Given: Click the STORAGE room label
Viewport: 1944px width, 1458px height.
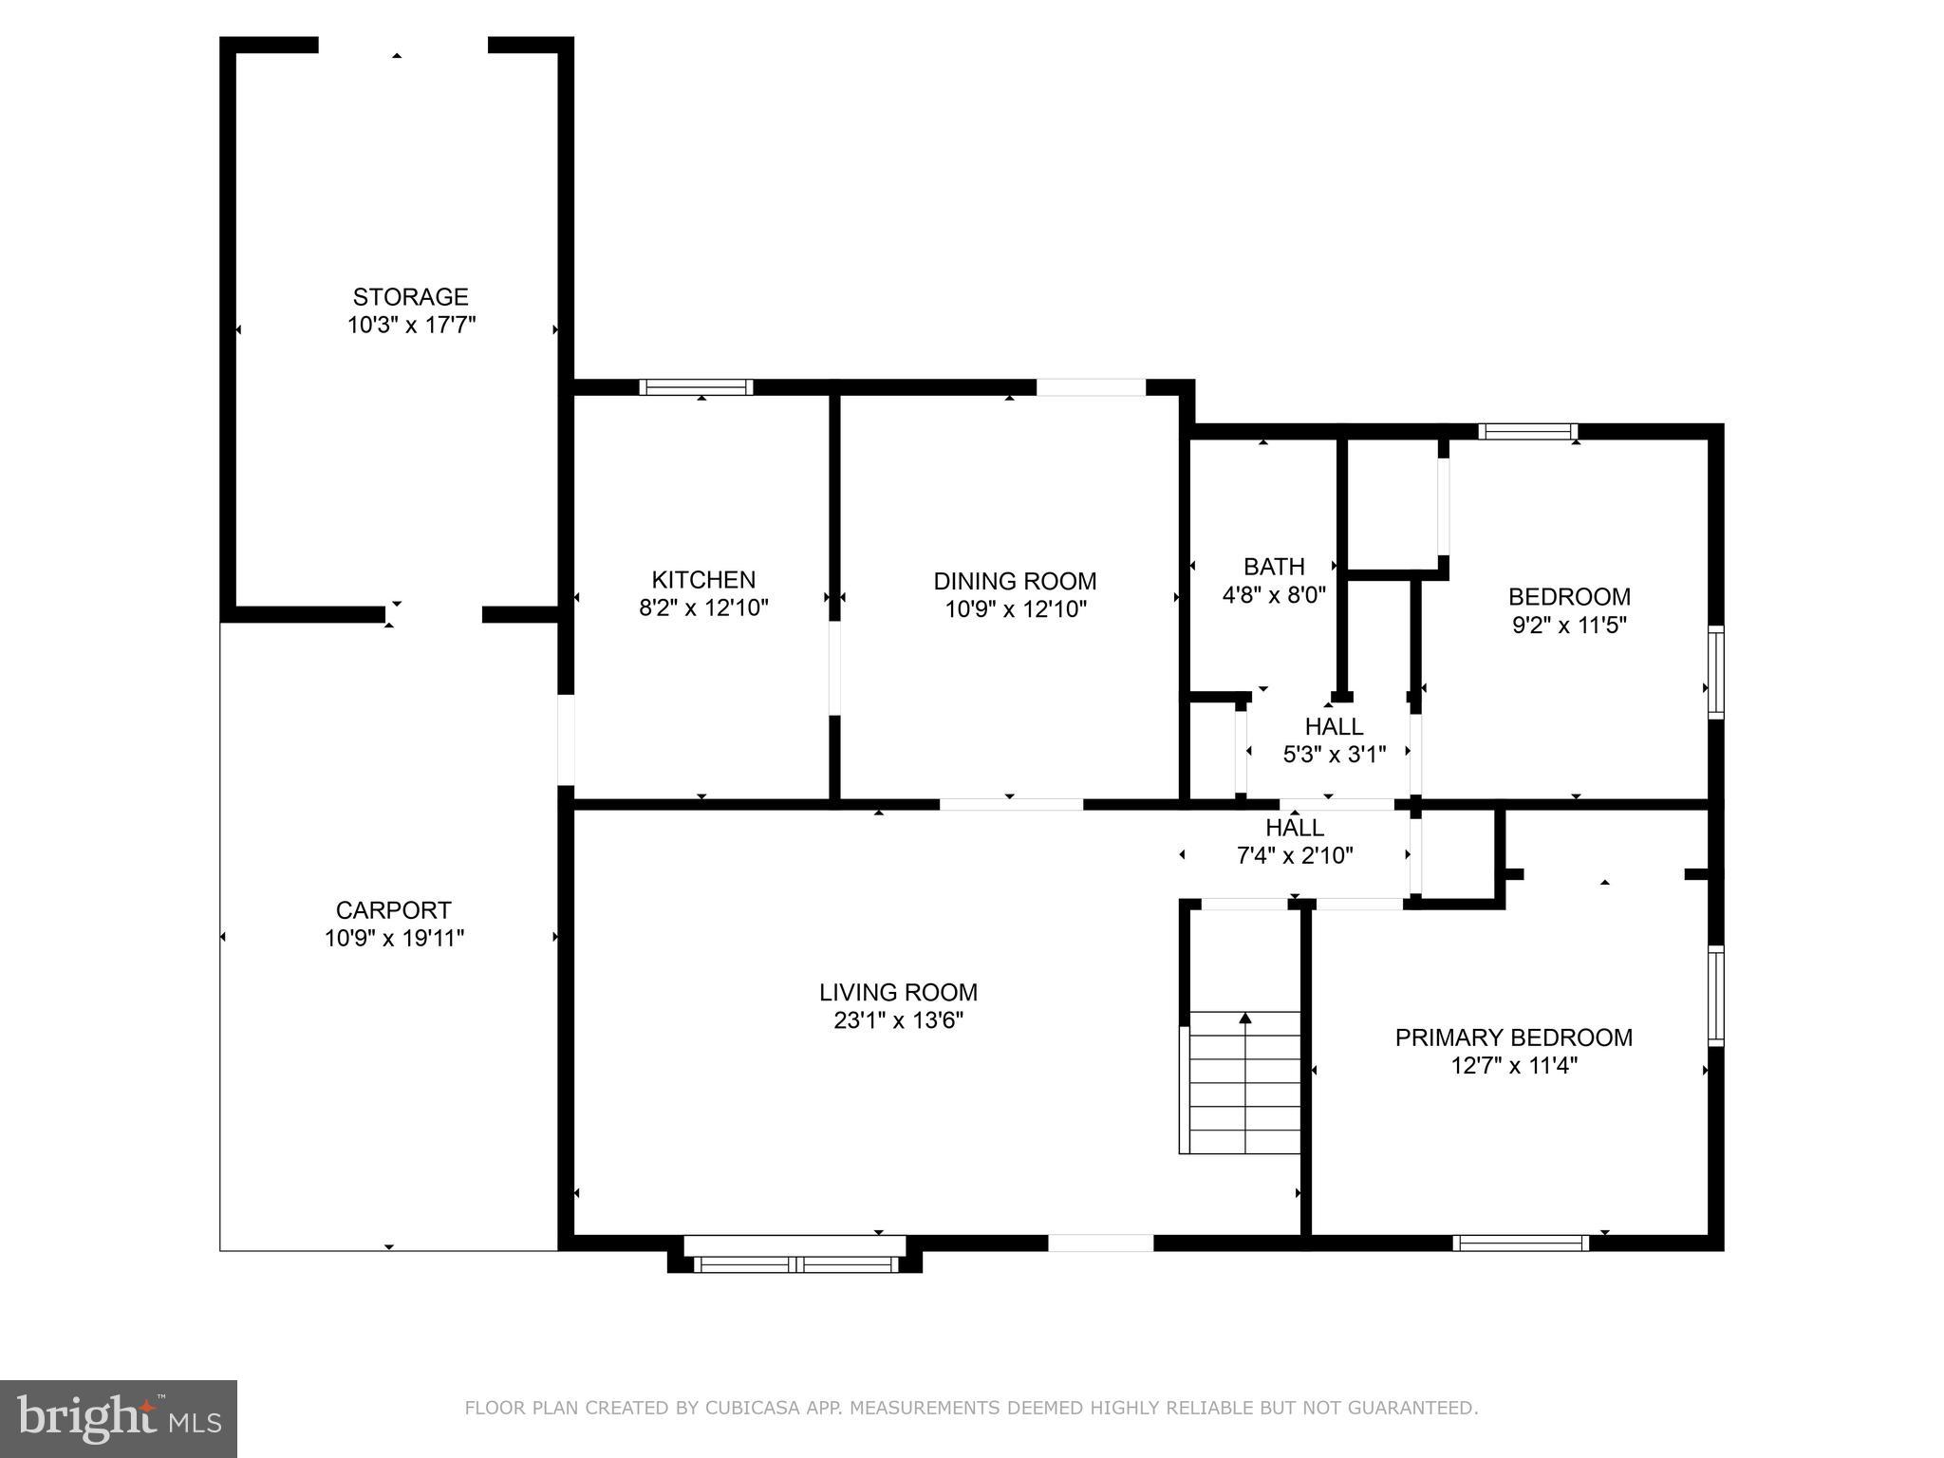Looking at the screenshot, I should click(x=410, y=297).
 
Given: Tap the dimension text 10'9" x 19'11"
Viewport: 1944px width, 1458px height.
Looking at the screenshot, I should click(x=394, y=939).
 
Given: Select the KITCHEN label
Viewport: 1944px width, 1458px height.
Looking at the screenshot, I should click(x=703, y=580).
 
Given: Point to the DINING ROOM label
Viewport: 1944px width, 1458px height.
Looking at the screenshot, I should click(x=1015, y=581).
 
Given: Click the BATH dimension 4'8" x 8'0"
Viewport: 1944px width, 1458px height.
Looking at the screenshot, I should click(x=1273, y=595).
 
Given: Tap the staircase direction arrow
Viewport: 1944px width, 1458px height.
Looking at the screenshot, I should click(x=1244, y=1019).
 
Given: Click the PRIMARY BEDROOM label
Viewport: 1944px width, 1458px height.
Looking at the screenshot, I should click(x=1513, y=1037).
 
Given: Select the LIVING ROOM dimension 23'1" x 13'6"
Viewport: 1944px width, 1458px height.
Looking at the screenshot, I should click(x=898, y=1020).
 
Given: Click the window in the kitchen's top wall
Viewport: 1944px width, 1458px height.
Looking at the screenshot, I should click(x=696, y=387).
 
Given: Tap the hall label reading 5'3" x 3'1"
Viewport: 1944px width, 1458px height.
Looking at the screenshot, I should click(x=1334, y=755).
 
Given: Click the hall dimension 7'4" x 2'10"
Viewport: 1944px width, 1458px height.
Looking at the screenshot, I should click(x=1294, y=855).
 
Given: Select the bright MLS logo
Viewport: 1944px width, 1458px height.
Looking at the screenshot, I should click(x=118, y=1418).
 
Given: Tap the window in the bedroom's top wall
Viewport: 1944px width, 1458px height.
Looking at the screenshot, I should click(x=1527, y=432).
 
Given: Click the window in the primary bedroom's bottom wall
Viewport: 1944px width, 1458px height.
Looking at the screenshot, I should click(x=1520, y=1243).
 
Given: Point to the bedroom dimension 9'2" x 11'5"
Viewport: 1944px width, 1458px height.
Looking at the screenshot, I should click(x=1569, y=626).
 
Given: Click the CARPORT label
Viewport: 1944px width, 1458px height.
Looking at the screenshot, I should click(x=393, y=910).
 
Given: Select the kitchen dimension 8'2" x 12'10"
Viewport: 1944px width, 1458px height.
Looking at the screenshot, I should click(x=703, y=608).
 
